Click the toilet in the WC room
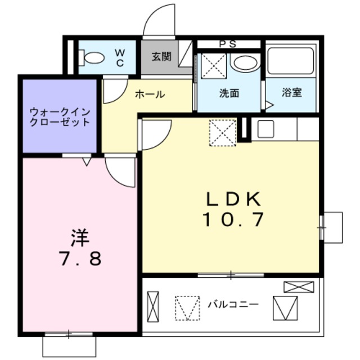pyautogui.click(x=91, y=57)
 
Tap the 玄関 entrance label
pyautogui.click(x=161, y=57)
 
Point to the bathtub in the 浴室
pyautogui.click(x=291, y=62)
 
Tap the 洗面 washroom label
pyautogui.click(x=229, y=93)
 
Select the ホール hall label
pyautogui.click(x=150, y=94)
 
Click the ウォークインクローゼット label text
pyautogui.click(x=60, y=117)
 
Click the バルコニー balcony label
pyautogui.click(x=233, y=304)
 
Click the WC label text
pyautogui.click(x=120, y=57)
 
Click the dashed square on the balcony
pyautogui.click(x=187, y=308)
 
